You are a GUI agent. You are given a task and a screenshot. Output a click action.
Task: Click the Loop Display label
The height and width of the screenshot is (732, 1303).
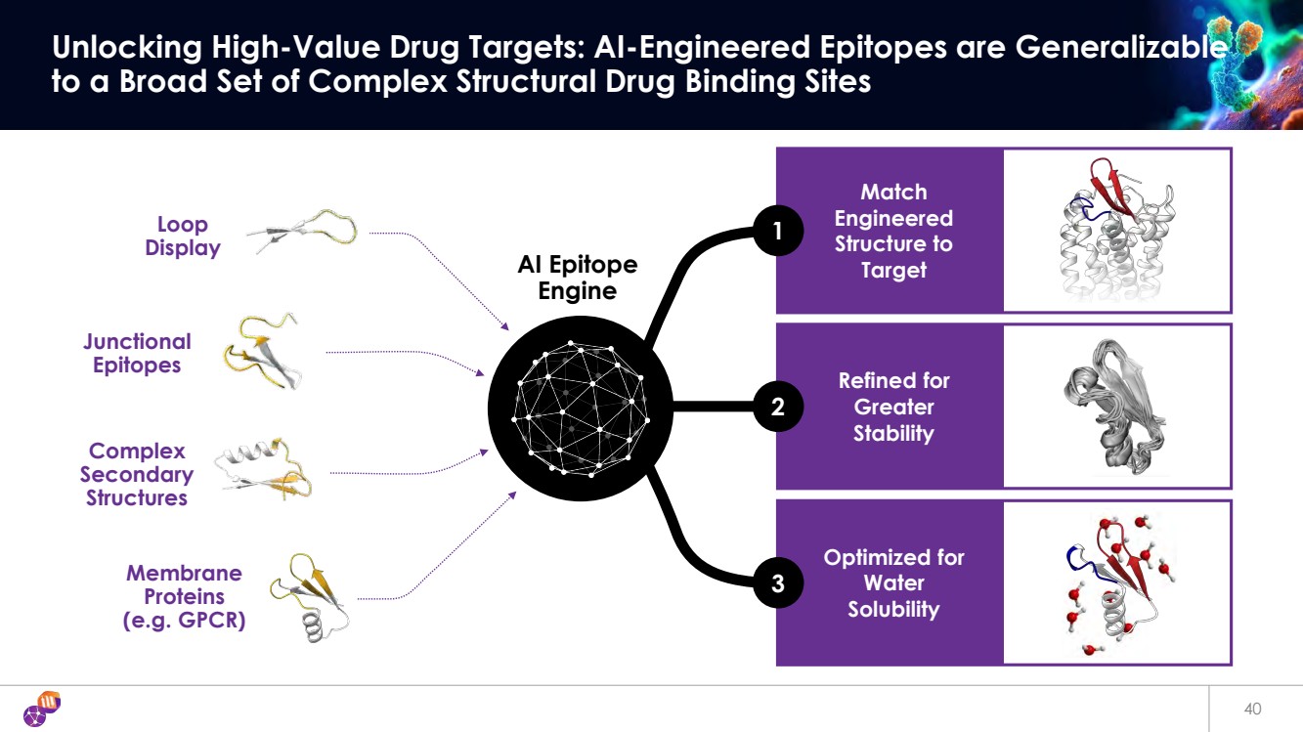[183, 237]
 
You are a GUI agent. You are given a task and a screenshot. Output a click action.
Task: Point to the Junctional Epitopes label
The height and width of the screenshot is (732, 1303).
[137, 353]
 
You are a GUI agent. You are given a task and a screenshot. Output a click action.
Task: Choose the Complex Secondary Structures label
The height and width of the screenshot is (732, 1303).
[137, 474]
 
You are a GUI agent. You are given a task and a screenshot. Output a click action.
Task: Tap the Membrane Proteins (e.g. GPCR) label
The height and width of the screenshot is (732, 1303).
[184, 596]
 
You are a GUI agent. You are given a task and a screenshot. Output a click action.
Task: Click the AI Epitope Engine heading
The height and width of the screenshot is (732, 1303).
[577, 278]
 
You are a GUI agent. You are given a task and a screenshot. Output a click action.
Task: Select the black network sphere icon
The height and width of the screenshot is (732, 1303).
[580, 408]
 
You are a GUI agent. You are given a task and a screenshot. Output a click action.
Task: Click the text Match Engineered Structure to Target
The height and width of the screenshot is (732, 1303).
[892, 231]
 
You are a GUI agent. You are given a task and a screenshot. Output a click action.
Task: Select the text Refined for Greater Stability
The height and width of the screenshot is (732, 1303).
[892, 407]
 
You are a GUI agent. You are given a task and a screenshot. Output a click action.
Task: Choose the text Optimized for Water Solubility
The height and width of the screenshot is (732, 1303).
[892, 583]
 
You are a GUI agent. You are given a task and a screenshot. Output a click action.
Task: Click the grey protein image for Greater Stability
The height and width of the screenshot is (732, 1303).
[1115, 408]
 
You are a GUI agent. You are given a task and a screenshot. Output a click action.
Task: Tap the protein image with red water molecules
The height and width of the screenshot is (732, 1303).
[1115, 584]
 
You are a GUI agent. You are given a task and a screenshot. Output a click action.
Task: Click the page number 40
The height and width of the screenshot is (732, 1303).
[1252, 708]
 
